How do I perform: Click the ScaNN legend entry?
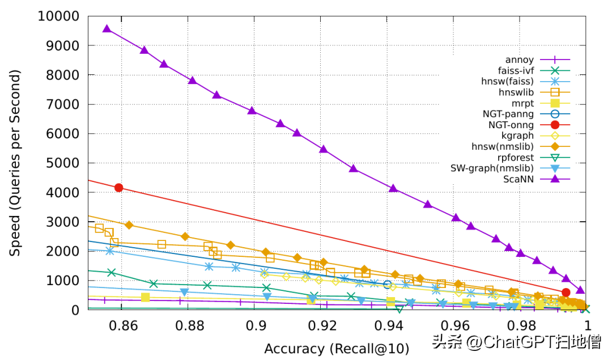[517, 179]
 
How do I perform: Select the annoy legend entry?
[519, 59]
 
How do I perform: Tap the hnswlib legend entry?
[516, 92]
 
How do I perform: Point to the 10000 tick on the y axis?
[58, 16]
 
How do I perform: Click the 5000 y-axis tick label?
[62, 163]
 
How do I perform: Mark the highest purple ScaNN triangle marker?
[107, 28]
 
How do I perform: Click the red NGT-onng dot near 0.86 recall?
[118, 188]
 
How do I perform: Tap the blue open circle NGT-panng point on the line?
[388, 285]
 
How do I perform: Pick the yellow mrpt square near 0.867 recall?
[145, 297]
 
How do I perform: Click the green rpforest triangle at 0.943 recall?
[399, 309]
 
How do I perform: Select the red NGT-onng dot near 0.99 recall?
[566, 293]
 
